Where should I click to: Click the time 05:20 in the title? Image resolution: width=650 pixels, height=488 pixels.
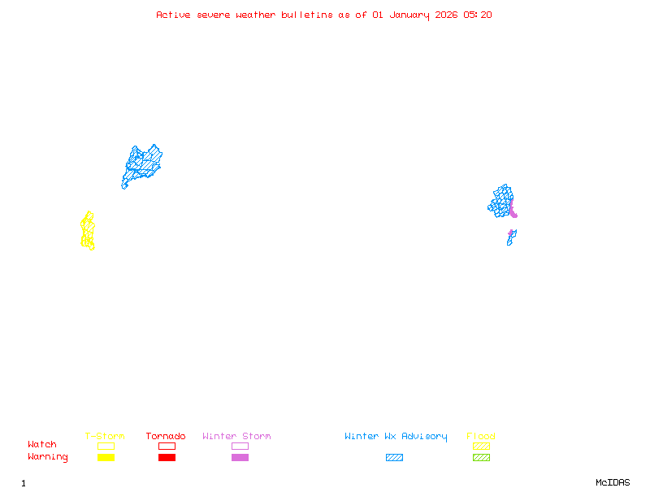478,15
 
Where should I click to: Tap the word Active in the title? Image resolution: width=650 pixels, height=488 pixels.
174,15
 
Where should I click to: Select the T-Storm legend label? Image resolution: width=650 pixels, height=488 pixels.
105,437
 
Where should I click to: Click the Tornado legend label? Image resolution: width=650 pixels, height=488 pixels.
166,437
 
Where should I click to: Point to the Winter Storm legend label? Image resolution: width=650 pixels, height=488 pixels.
236,437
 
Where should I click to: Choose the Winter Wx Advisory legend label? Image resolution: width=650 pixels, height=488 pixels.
396,437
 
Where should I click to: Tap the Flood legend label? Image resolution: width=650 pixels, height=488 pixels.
481,437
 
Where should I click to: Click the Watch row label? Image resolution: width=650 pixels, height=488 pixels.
42,445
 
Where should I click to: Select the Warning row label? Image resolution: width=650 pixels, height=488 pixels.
48,457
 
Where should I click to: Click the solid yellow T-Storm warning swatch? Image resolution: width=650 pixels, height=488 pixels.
106,458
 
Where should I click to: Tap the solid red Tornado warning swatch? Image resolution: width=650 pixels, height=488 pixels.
167,458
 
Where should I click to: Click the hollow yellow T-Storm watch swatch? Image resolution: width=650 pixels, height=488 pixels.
106,446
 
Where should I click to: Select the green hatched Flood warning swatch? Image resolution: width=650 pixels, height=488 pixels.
481,458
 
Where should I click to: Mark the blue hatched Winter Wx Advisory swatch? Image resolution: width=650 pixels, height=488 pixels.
394,458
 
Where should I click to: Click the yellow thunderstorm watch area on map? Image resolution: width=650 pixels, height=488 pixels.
88,231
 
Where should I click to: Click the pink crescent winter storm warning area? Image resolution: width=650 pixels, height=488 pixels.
513,213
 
